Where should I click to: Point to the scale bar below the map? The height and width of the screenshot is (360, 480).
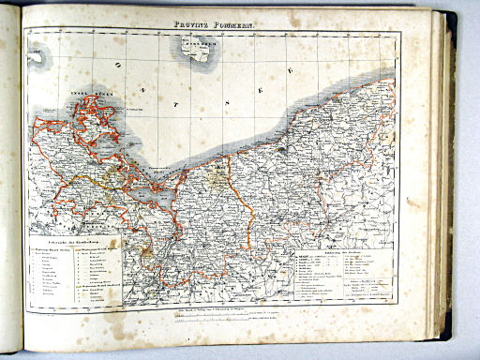pyautogui.click(x=216, y=318)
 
